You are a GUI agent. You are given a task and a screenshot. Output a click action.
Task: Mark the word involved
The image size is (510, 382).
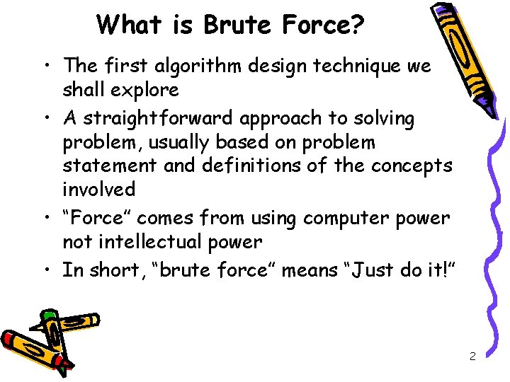coord(98,190)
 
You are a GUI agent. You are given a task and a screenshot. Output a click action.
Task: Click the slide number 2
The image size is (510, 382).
coord(472,356)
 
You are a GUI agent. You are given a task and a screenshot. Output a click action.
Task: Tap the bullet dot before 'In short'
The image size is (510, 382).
coord(46,270)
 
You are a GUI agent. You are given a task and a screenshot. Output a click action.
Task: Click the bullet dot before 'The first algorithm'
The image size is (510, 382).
coord(46,66)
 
